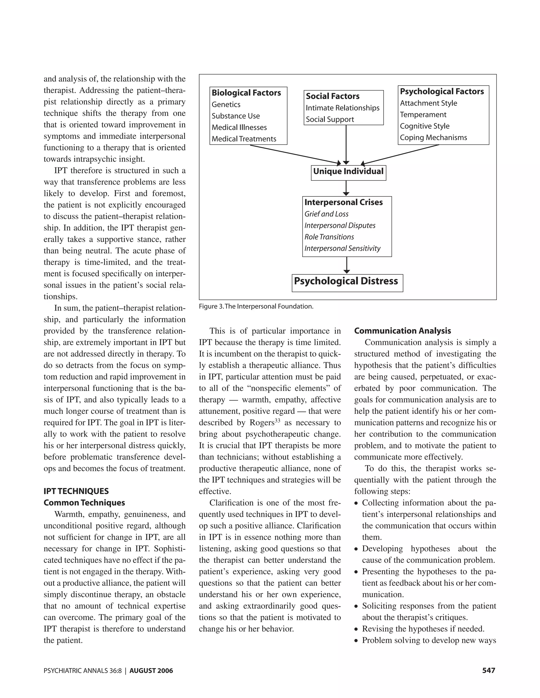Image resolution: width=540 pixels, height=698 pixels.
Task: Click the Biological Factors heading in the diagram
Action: [246, 93]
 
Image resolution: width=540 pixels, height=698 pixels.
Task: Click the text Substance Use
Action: [235, 116]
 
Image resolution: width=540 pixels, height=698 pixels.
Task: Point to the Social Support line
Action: [330, 120]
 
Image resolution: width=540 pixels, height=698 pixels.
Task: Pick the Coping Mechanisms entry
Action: [433, 138]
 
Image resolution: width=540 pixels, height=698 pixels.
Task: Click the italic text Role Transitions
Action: [329, 237]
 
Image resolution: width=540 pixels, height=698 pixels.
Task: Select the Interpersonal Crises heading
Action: [343, 202]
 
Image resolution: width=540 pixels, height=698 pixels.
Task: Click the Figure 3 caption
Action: [256, 307]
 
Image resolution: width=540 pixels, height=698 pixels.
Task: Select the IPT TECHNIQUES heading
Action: [76, 491]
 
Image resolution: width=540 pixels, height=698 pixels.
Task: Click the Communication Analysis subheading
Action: [402, 331]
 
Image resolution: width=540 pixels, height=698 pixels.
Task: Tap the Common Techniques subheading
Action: [84, 503]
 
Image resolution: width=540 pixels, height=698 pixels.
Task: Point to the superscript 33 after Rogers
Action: [277, 421]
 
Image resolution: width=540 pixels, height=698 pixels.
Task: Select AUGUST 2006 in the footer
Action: [151, 671]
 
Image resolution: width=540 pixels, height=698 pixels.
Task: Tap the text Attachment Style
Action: [428, 103]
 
